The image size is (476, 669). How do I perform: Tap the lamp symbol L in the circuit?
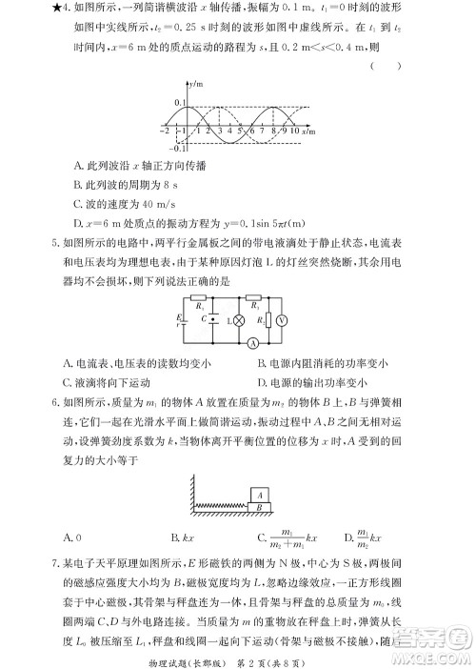(226, 321)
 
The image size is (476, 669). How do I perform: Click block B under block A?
(260, 508)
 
